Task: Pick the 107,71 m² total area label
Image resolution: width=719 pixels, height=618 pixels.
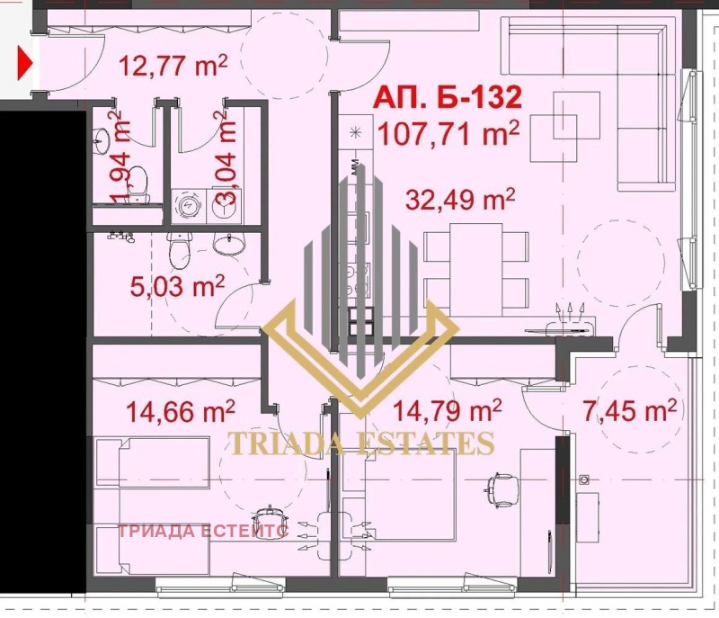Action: click(448, 135)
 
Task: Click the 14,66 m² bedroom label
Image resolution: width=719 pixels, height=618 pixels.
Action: click(181, 412)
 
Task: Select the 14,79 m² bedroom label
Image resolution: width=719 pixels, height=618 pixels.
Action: click(448, 412)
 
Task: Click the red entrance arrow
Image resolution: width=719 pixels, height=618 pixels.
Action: click(25, 63)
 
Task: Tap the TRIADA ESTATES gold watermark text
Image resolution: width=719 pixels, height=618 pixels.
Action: click(362, 443)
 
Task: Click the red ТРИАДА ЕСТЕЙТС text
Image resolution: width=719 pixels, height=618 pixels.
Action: click(203, 530)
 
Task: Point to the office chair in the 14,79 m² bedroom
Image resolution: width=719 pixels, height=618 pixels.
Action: click(503, 487)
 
